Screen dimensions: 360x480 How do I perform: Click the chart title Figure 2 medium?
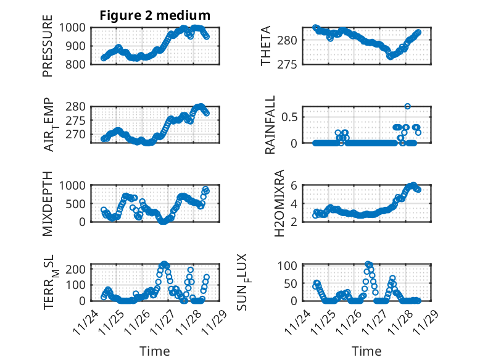tap(155, 15)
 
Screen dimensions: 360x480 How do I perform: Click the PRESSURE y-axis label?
tap(48, 46)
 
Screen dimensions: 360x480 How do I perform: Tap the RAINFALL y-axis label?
tap(270, 125)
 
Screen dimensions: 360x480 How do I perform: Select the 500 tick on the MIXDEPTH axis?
tap(79, 203)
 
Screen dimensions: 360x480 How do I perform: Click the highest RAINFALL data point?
tap(407, 106)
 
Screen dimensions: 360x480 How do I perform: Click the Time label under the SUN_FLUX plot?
tap(366, 351)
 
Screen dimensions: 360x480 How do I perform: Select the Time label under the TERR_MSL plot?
tap(155, 351)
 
